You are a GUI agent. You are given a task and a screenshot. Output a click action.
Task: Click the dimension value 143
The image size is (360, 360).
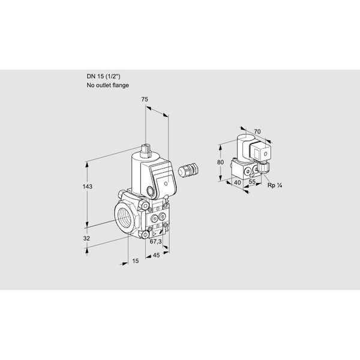pos(88,187)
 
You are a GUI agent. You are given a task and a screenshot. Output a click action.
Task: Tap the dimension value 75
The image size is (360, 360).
pos(145,100)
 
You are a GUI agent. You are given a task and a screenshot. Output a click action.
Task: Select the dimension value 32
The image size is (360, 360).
pos(86,238)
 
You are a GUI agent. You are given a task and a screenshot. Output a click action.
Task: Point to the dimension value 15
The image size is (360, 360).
pos(136,261)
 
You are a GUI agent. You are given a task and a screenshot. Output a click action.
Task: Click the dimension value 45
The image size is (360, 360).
pos(156,255)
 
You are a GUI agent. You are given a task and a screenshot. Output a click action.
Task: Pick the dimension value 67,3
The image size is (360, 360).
pos(155,241)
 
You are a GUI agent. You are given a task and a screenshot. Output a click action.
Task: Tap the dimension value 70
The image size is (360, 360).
pos(257,131)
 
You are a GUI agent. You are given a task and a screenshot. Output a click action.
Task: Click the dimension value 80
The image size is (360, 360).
pos(220,162)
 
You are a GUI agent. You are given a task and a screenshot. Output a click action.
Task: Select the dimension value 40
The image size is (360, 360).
pos(238,182)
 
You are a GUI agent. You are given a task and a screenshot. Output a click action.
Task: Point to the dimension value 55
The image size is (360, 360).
pos(252,182)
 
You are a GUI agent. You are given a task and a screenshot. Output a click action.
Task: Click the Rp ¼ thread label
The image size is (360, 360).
pos(275,185)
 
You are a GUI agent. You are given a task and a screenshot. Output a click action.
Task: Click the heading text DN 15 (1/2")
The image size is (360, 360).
pos(103,76)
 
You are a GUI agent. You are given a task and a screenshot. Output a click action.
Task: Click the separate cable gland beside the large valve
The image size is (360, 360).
pos(188,170)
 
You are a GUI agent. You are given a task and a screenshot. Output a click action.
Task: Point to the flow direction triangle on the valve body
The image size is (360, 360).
pos(155,234)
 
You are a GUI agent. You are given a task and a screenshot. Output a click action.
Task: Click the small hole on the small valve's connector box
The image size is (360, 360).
pos(266,154)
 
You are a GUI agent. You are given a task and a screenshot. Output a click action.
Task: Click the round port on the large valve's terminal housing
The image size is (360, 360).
pos(151,191)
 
